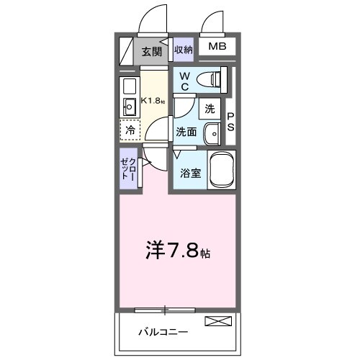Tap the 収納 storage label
pos(183,50)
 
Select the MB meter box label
pos(217,48)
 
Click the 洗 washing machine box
pos(210,109)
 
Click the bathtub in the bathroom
pos(222,171)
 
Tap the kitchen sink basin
pos(130,108)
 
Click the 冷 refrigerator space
pos(130,130)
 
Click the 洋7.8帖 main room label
pos(179,252)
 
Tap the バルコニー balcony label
pos(163,332)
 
